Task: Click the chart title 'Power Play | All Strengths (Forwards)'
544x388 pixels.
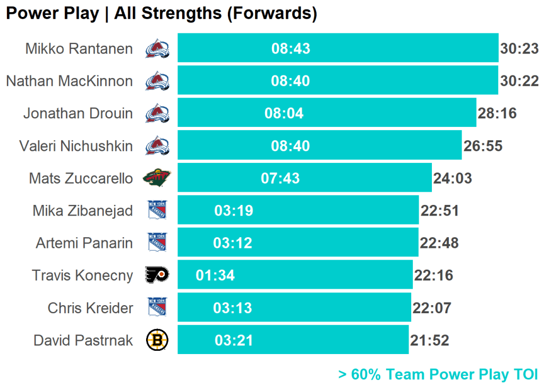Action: (161, 14)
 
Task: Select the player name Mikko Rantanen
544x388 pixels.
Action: (79, 49)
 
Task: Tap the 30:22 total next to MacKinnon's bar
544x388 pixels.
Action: (519, 81)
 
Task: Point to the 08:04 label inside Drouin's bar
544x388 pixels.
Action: (284, 114)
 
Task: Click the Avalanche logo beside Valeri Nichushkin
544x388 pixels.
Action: (157, 145)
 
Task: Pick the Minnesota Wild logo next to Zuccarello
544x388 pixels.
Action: (157, 178)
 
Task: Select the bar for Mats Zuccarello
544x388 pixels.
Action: (304, 178)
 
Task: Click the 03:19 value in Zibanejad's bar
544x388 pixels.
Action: (234, 211)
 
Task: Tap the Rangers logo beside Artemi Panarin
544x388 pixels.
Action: (157, 243)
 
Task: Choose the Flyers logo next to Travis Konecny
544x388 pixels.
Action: (157, 275)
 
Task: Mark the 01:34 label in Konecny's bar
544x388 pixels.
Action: (215, 275)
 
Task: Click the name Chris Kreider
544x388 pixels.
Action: (90, 308)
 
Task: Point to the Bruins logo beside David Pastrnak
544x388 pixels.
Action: (157, 340)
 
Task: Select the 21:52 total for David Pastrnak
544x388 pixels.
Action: (429, 340)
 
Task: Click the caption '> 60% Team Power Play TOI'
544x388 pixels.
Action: (438, 375)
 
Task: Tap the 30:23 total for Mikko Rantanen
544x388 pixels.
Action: (519, 49)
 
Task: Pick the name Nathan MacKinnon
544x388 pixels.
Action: (69, 81)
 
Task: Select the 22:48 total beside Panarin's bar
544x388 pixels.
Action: (439, 243)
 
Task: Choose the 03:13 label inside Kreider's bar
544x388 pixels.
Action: (233, 308)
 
